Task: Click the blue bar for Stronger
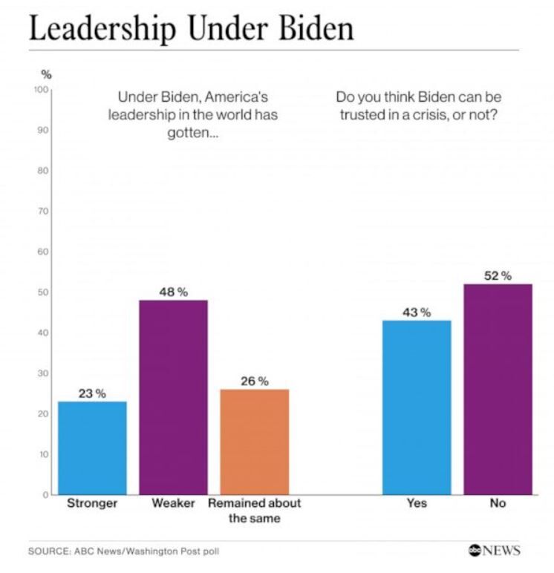[93, 448]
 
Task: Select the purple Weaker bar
[173, 397]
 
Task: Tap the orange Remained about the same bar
[255, 442]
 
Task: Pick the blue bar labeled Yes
[417, 407]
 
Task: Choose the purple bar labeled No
[498, 389]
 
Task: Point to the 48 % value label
[173, 292]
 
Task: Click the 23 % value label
[92, 393]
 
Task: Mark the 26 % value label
[255, 381]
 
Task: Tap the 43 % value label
[417, 312]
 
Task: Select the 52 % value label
[498, 276]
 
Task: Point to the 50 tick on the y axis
[43, 292]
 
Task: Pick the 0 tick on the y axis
[45, 494]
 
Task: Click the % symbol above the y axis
[45, 73]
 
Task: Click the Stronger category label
[92, 503]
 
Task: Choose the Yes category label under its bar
[417, 503]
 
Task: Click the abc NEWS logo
[494, 550]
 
